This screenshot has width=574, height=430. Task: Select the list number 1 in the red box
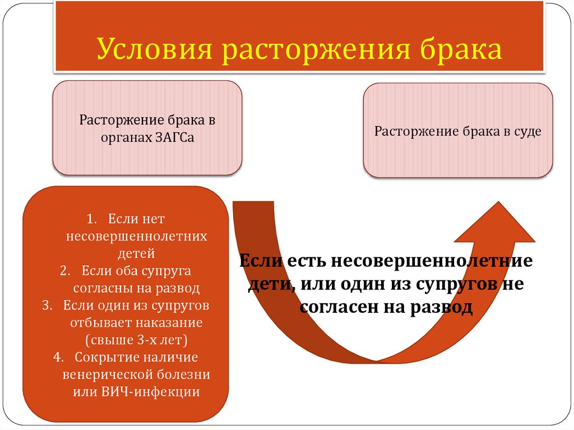pos(92,218)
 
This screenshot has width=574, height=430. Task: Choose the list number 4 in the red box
pos(57,357)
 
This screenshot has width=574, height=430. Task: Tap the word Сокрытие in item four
pos(101,357)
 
